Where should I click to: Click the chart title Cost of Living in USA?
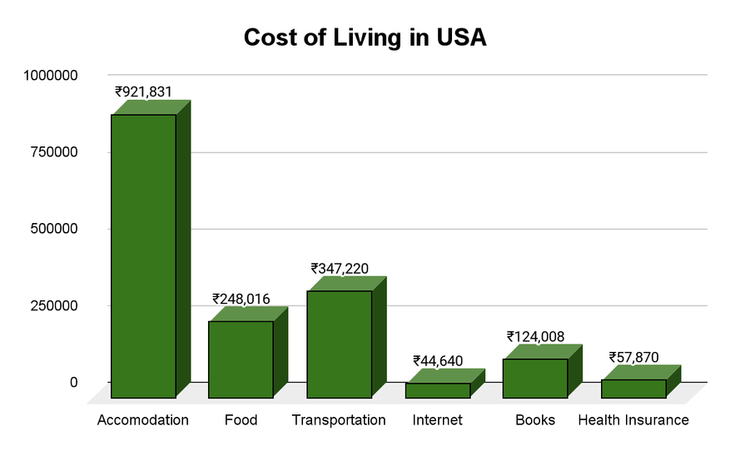(x=365, y=37)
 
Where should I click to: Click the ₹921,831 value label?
(x=143, y=92)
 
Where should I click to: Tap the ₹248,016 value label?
(x=241, y=299)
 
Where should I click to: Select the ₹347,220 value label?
(x=340, y=269)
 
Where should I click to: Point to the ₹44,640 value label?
(x=438, y=360)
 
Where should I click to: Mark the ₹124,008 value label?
(x=535, y=336)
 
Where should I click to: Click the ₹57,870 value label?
(x=634, y=358)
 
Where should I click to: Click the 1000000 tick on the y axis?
(x=51, y=75)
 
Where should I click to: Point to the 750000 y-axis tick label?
(x=54, y=151)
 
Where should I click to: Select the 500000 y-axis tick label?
(x=54, y=229)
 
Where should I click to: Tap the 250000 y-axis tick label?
(x=54, y=305)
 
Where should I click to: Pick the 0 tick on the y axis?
(x=73, y=382)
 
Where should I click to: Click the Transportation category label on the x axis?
(x=339, y=420)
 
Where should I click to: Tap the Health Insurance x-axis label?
(x=633, y=420)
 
